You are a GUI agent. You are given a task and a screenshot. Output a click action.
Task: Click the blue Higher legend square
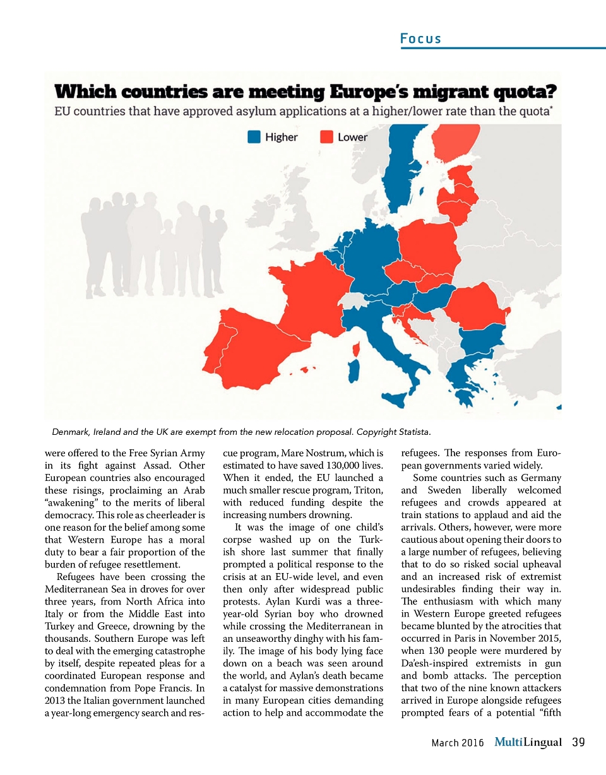(x=254, y=137)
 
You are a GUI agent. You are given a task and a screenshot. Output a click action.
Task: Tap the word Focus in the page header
(x=420, y=39)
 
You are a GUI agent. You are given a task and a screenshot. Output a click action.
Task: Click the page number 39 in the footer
(x=578, y=742)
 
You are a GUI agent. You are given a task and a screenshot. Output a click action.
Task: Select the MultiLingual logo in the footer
(x=528, y=742)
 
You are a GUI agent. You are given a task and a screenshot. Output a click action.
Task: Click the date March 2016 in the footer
(x=457, y=743)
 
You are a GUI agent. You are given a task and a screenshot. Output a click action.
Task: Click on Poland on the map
(x=427, y=247)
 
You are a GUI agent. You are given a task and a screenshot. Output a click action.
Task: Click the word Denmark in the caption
(x=71, y=432)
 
